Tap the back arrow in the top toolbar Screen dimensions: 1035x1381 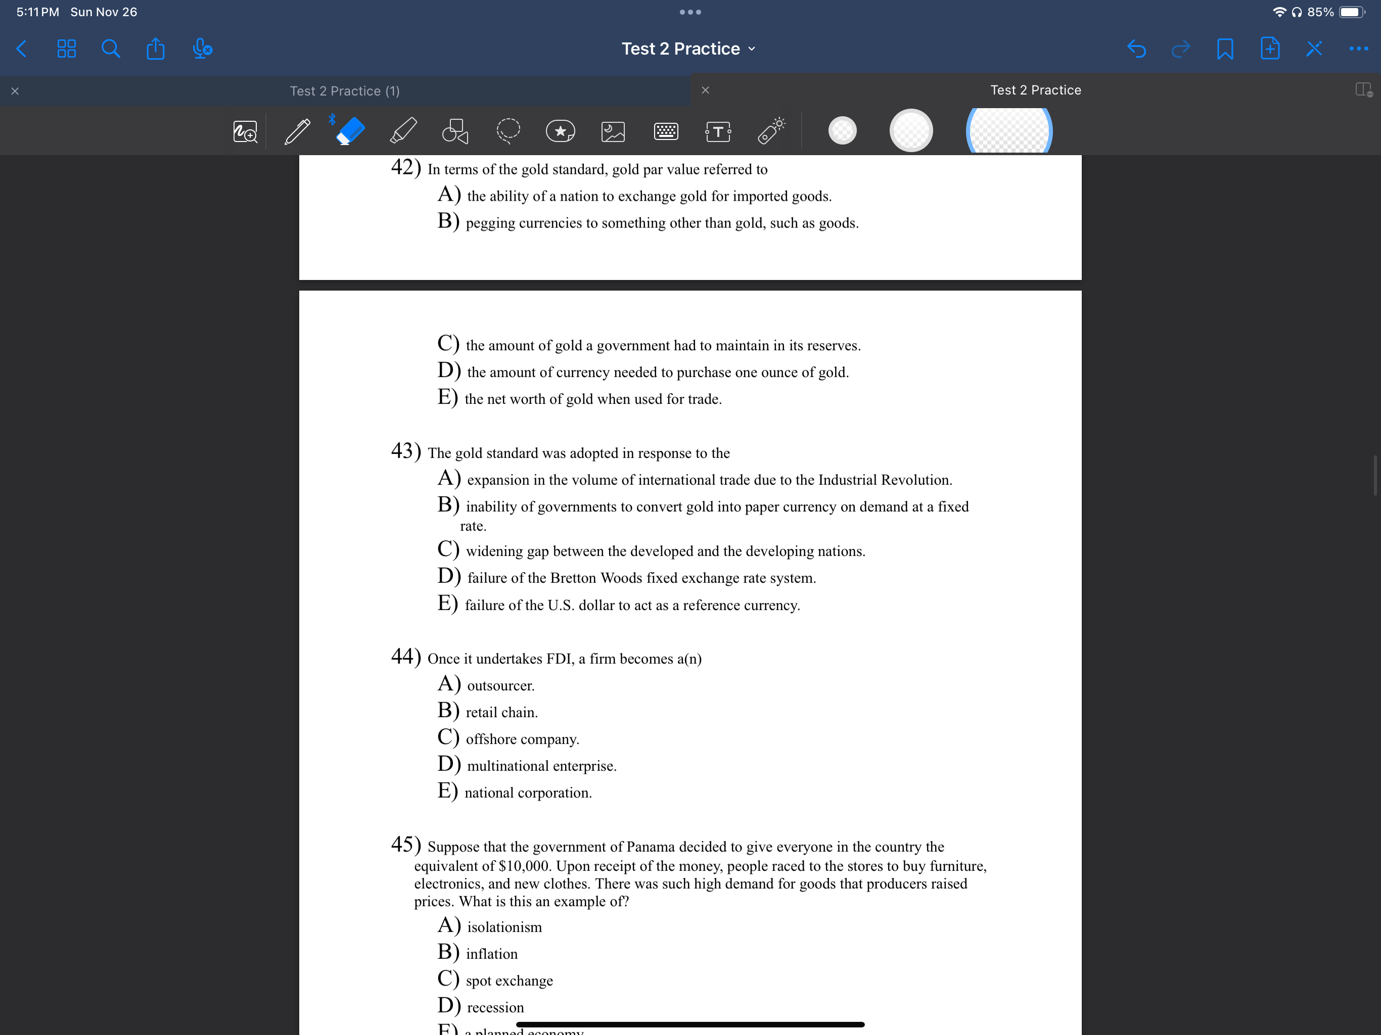pyautogui.click(x=21, y=49)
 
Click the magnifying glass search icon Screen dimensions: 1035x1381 pyautogui.click(x=111, y=49)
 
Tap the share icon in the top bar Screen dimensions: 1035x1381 pyautogui.click(x=156, y=49)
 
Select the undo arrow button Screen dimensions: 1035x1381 pyautogui.click(x=1136, y=49)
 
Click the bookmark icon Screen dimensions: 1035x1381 pyautogui.click(x=1225, y=49)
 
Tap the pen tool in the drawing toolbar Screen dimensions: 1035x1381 pyautogui.click(x=297, y=131)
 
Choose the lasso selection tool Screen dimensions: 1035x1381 pyautogui.click(x=508, y=131)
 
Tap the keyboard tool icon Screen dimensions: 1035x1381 pyautogui.click(x=666, y=131)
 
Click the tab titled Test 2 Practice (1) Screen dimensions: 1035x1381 pyautogui.click(x=345, y=91)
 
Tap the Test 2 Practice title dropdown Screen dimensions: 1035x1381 pyautogui.click(x=688, y=49)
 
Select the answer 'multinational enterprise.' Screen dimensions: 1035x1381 pyautogui.click(x=541, y=766)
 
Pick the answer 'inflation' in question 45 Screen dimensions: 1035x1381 pyautogui.click(x=491, y=954)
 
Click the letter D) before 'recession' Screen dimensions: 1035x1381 pyautogui.click(x=449, y=1006)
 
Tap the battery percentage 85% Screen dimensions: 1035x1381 pyautogui.click(x=1320, y=12)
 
